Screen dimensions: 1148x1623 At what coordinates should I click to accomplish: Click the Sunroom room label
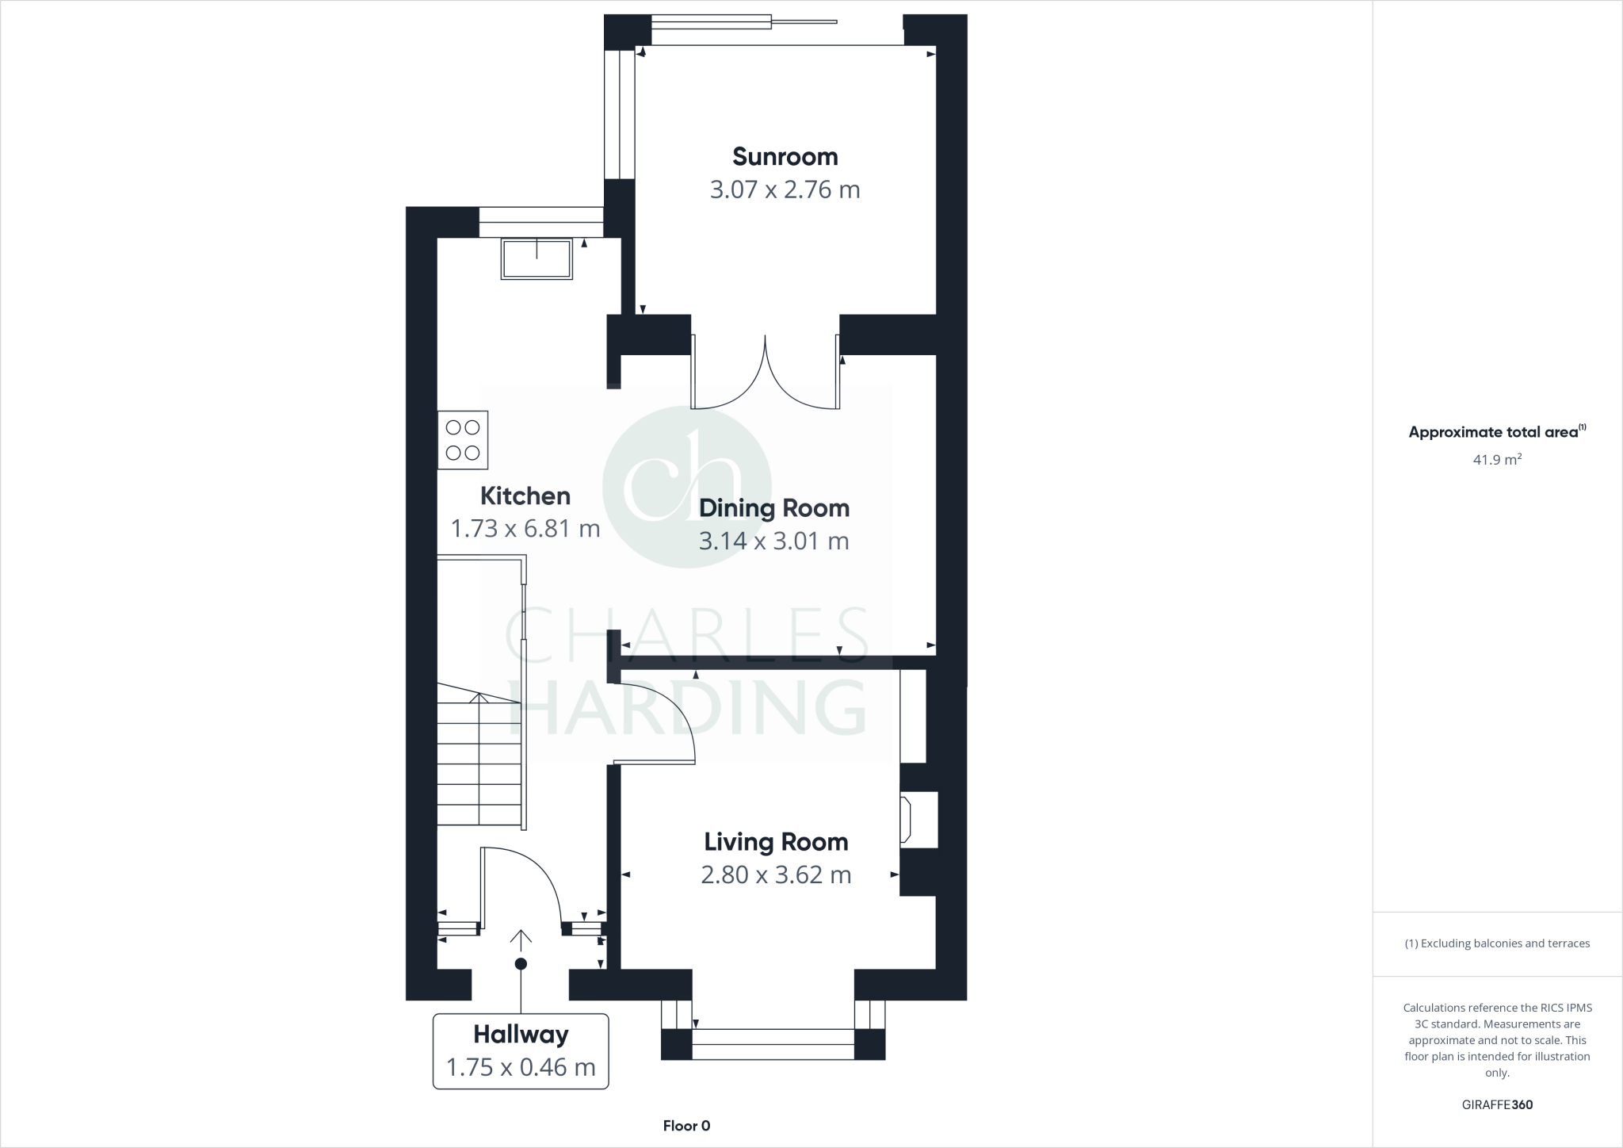(785, 156)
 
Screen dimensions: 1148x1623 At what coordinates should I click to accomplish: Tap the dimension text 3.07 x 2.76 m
(785, 190)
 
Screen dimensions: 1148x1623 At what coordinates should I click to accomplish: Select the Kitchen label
(525, 496)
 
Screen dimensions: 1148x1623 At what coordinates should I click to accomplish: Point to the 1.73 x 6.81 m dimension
(525, 529)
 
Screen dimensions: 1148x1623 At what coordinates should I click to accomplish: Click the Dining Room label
(774, 508)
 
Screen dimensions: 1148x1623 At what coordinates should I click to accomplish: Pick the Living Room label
(776, 842)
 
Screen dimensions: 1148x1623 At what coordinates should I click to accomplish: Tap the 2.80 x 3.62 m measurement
(776, 875)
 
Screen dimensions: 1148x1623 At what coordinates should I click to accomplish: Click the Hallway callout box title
(521, 1035)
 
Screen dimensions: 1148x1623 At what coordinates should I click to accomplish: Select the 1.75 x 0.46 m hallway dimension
(521, 1068)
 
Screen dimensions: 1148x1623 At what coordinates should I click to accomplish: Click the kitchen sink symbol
(537, 258)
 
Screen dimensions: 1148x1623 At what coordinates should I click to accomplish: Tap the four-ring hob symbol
(463, 440)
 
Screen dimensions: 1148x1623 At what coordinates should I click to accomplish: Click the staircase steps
(479, 761)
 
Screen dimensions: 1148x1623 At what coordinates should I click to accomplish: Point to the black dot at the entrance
(521, 964)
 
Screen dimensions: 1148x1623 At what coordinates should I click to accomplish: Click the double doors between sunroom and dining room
(766, 373)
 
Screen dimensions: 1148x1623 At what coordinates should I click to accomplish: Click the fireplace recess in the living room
(919, 820)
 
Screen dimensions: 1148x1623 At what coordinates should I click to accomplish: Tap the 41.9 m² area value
(1497, 460)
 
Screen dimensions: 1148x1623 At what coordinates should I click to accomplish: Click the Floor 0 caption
(686, 1126)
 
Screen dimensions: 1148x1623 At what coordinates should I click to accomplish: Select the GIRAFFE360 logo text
(1497, 1105)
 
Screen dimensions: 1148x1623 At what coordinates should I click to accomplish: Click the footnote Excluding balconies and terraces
(1497, 943)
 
